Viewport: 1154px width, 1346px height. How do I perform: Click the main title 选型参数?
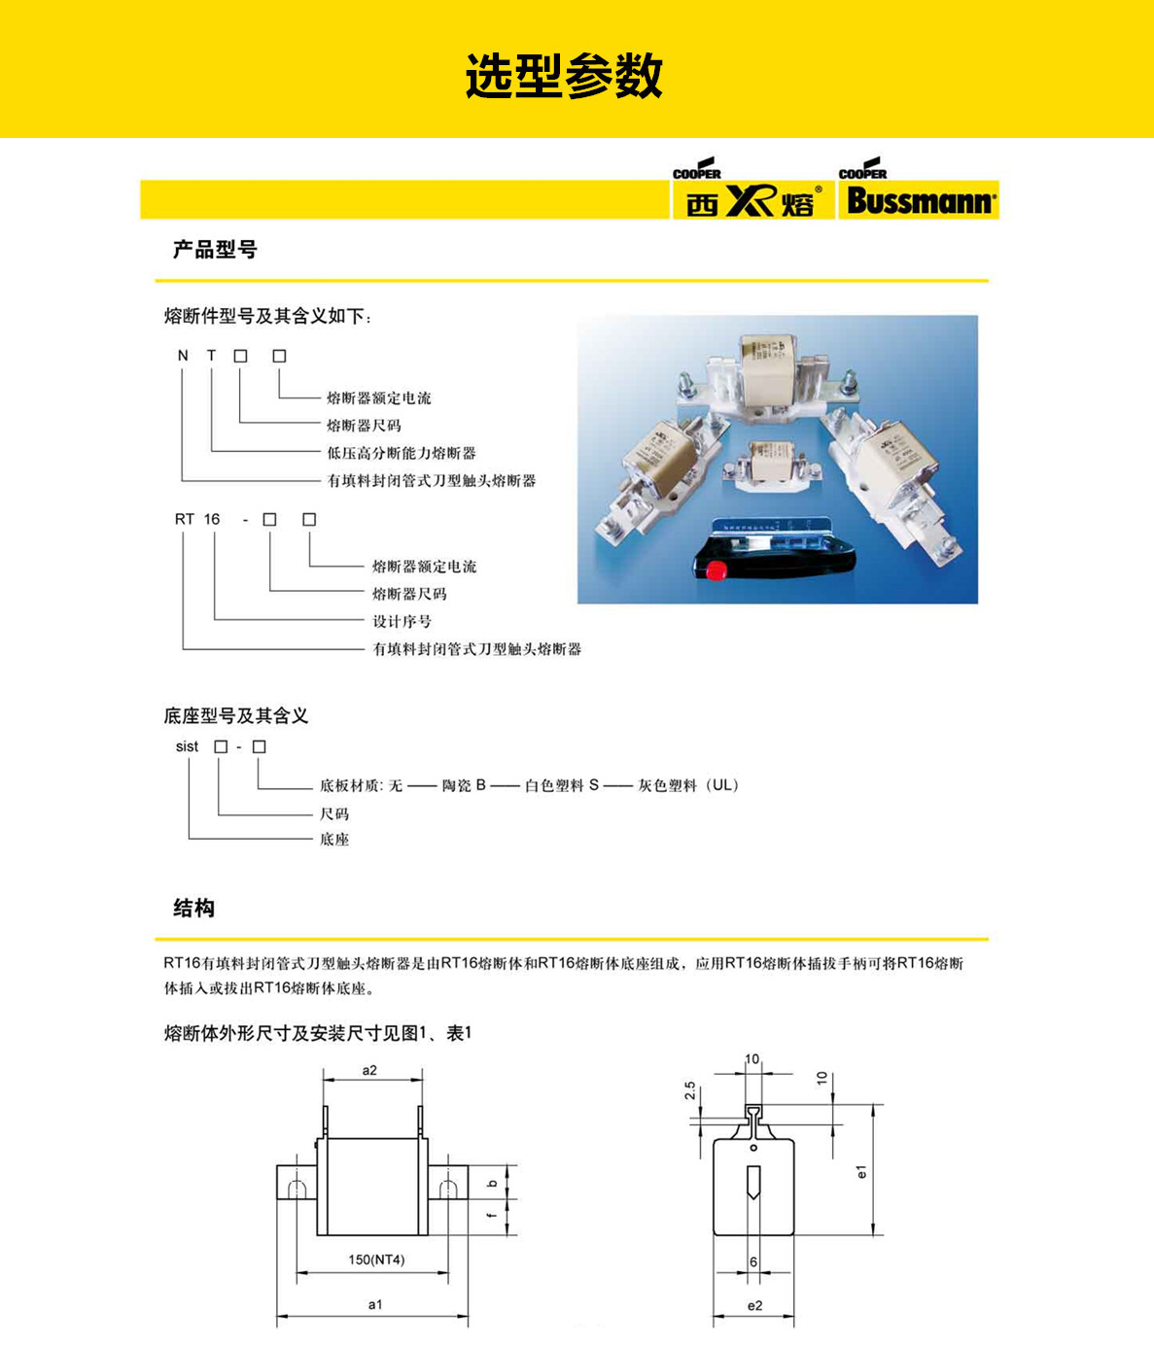point(564,76)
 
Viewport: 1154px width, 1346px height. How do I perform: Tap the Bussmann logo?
point(918,200)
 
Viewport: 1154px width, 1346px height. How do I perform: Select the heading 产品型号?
point(215,250)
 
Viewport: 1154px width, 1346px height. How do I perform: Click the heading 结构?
point(193,908)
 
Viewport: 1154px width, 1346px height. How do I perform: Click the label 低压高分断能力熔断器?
point(401,453)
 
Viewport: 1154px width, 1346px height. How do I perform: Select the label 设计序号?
point(402,621)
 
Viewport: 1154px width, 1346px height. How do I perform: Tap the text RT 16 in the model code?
point(197,519)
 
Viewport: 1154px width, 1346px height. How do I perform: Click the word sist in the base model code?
point(187,746)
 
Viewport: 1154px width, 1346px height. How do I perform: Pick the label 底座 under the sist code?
point(333,839)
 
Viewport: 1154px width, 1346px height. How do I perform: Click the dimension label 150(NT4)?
point(376,1260)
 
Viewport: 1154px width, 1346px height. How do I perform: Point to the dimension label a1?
point(375,1304)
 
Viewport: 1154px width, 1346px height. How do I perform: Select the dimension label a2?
point(369,1070)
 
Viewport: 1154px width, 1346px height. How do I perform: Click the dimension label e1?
point(861,1171)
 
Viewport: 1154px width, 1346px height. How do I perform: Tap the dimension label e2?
point(754,1305)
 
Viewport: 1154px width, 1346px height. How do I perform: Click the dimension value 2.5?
point(690,1091)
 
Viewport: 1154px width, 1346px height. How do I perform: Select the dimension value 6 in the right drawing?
point(753,1261)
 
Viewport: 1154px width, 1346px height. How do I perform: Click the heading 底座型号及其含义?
point(236,716)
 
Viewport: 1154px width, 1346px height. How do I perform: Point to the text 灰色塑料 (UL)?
point(688,785)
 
